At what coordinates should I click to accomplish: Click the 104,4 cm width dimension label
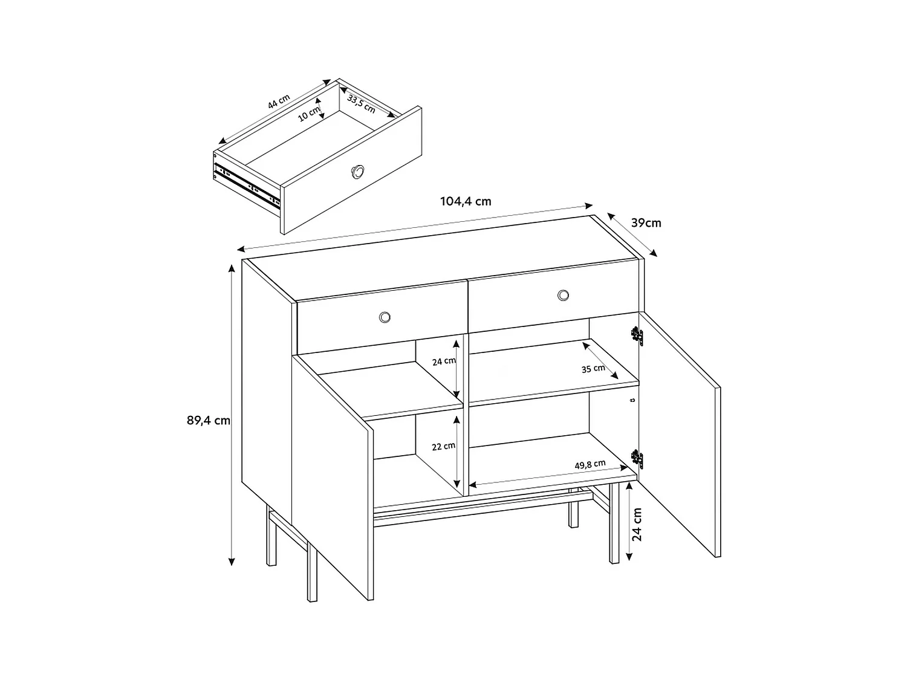point(465,202)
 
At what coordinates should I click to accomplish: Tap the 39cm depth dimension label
point(646,223)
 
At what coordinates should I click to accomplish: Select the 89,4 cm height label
point(209,420)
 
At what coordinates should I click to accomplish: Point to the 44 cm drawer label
point(279,102)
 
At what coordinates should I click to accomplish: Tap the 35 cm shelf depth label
point(593,368)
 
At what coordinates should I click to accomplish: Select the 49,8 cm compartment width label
point(590,464)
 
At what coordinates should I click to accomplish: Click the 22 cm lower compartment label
point(443,446)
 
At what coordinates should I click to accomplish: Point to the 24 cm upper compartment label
point(444,361)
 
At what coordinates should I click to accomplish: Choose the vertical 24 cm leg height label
point(636,524)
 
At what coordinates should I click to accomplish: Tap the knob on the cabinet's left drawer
point(385,317)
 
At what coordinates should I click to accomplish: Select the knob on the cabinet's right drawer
point(564,295)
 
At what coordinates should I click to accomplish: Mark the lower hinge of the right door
point(636,459)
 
